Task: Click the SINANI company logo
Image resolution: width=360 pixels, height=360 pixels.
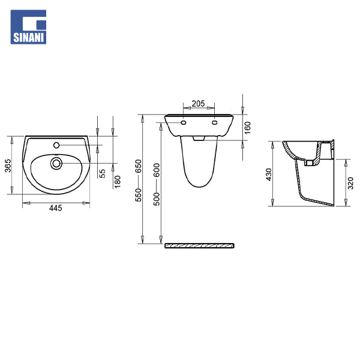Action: click(28, 27)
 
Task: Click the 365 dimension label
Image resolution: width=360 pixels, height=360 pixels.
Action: click(8, 166)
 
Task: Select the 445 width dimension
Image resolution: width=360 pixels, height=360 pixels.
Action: click(56, 208)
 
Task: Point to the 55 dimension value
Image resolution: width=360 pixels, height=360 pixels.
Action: click(103, 173)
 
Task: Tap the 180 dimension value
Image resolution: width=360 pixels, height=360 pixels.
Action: click(118, 182)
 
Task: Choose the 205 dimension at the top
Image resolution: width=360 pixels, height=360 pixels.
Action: click(199, 104)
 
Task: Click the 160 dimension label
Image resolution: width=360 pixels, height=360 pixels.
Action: click(247, 128)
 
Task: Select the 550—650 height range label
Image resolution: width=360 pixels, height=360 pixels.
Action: click(139, 181)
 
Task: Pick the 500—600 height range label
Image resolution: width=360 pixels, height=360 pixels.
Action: click(157, 184)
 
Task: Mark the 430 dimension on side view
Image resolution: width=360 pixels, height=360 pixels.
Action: click(269, 175)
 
